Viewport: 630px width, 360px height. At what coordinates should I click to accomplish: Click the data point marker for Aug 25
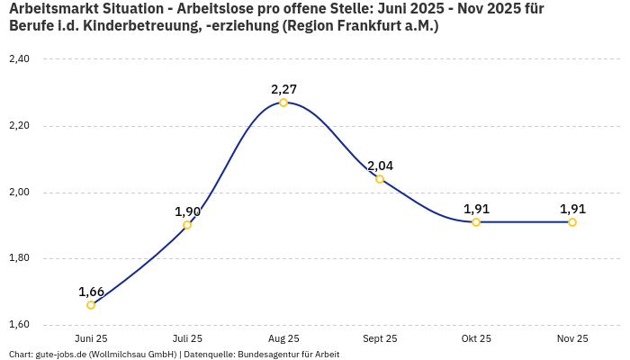(283, 103)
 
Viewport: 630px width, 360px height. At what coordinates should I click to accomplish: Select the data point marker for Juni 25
(91, 305)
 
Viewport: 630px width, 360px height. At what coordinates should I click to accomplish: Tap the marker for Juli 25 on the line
(187, 225)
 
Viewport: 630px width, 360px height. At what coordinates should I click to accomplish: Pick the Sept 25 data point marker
(380, 179)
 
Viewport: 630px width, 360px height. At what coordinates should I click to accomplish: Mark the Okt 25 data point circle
(476, 222)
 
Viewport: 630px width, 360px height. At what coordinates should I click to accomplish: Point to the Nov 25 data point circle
(572, 222)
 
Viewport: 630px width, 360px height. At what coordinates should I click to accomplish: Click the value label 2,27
(283, 89)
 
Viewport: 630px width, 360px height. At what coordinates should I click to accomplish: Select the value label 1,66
(91, 292)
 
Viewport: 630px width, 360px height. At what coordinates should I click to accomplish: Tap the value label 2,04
(380, 166)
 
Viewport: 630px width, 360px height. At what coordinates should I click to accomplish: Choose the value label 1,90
(187, 211)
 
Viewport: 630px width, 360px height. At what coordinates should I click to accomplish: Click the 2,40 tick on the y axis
(19, 59)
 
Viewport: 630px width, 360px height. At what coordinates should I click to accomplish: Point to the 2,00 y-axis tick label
(19, 193)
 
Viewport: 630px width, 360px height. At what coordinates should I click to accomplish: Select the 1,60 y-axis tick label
(19, 325)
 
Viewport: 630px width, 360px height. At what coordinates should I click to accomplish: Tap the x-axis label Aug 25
(283, 339)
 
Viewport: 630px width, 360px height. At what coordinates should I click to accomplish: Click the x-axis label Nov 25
(572, 339)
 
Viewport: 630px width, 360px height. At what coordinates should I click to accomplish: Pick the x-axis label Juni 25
(91, 339)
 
